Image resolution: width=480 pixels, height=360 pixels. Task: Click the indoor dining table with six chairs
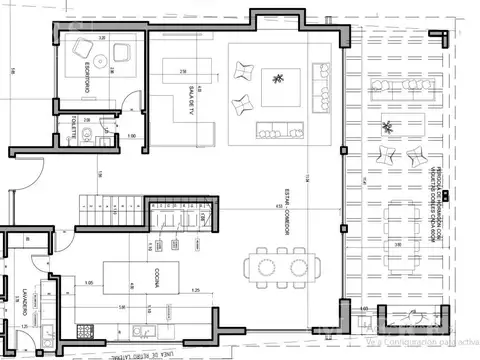pyautogui.click(x=281, y=267)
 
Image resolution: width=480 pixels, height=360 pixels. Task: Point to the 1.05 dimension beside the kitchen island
pyautogui.click(x=91, y=283)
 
